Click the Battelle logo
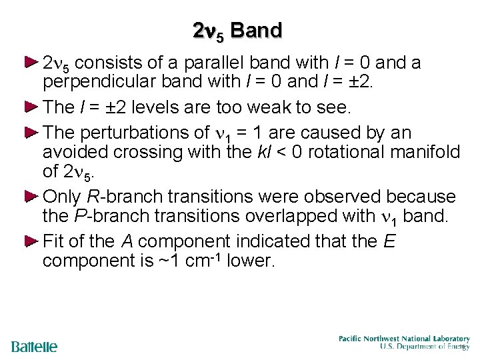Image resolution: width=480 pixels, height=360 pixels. [35, 347]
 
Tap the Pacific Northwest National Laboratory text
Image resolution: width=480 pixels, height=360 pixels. [403, 339]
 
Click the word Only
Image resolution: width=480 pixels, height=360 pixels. [62, 197]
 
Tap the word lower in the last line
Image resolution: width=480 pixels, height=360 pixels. [251, 260]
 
